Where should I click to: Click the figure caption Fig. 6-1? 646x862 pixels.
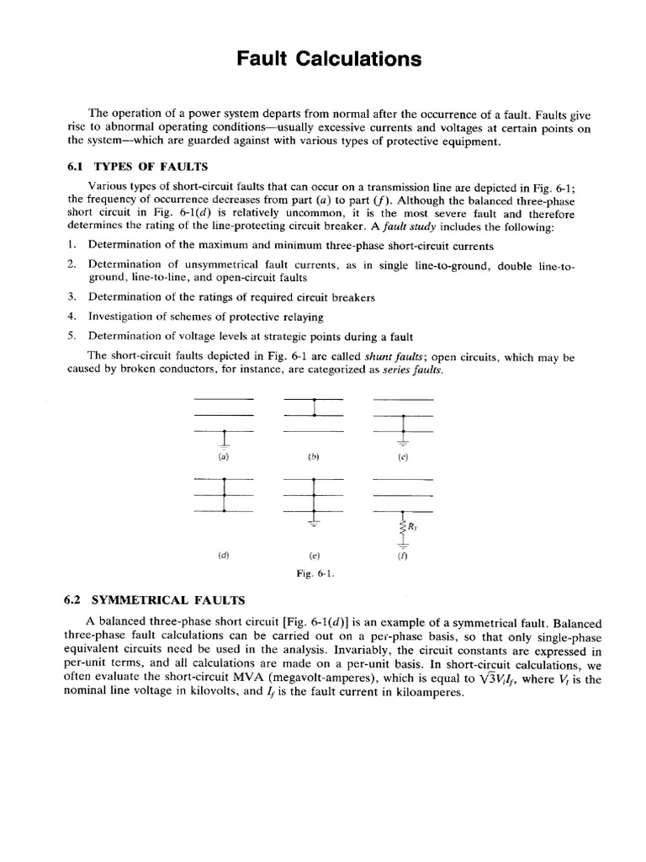[315, 573]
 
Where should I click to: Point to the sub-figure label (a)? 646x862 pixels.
[224, 456]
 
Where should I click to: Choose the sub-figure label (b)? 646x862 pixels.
[314, 456]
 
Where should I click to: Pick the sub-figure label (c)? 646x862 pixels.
[403, 456]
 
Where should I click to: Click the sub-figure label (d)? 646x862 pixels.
[224, 556]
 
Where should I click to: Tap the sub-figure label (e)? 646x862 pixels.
[314, 556]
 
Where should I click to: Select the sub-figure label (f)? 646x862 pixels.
[402, 556]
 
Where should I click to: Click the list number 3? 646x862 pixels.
[71, 296]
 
